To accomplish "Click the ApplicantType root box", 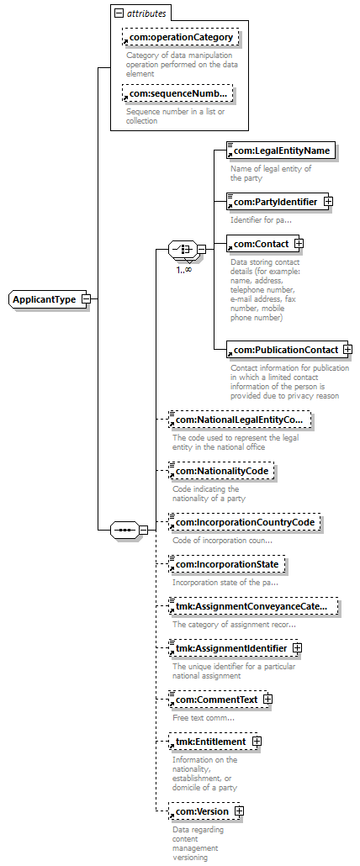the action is pos(49,299).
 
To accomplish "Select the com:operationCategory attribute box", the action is pos(181,38).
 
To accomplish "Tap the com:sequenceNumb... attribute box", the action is pos(177,93).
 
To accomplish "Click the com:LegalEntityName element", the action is pos(281,150).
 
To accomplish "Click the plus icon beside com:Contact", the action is pos(299,244).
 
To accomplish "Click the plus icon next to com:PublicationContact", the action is pos(348,350).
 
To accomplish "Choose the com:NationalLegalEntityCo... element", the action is pos(239,420).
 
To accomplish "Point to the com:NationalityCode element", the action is pos(221,471).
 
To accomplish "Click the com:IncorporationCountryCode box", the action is pos(245,522).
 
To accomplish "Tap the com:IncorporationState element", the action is pos(227,564).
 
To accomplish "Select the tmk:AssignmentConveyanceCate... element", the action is pos(253,607).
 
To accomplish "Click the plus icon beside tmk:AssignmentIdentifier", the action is pos(297,648).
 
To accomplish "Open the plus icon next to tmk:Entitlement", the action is pos(257,742).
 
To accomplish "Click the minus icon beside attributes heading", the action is pos(119,13).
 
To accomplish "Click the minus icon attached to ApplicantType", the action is pos(86,299).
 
